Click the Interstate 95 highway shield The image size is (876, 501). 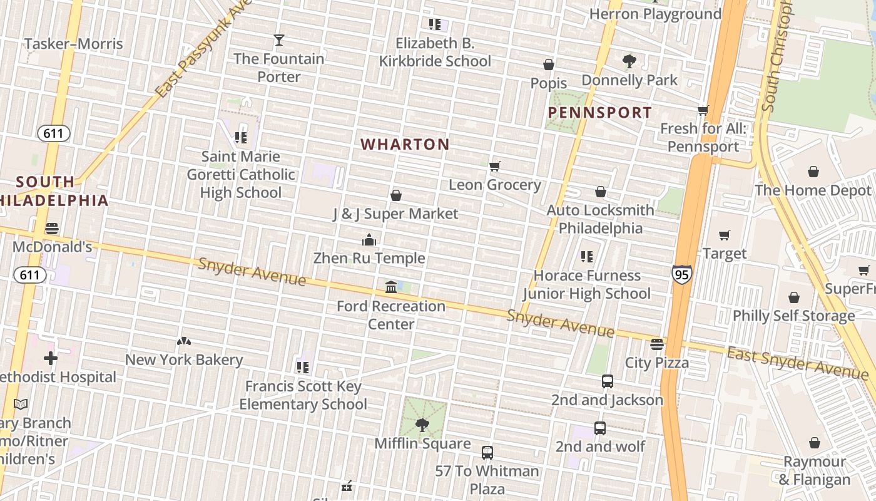pos(682,274)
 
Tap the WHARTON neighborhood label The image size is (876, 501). pos(405,145)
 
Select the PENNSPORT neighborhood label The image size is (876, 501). pos(599,113)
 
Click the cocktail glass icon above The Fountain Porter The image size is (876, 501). pos(279,40)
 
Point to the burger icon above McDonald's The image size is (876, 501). pos(52,228)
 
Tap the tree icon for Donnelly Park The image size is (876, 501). pos(629,61)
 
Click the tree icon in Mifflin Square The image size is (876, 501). pos(422,425)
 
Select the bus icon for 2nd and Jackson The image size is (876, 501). pos(607,381)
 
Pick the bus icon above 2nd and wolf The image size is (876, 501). pos(599,428)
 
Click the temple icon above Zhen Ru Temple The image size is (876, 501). pos(369,240)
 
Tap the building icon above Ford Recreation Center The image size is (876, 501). pos(391,287)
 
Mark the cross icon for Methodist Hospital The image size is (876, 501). pos(51,358)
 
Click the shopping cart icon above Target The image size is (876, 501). pos(725,235)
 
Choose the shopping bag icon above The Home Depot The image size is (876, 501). pos(813,172)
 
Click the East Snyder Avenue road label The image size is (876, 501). pos(797,363)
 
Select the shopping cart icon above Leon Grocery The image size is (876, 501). pos(495,166)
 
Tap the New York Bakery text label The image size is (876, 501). pos(184,360)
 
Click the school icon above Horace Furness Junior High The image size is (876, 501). pos(586,256)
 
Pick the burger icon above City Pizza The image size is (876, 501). pos(656,344)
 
